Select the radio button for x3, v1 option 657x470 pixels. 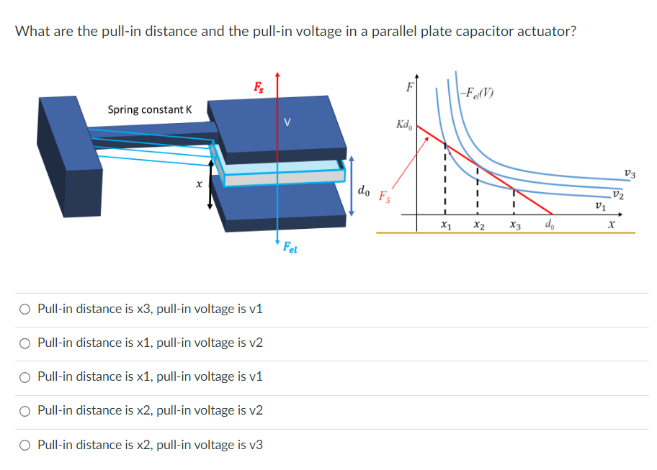coord(25,309)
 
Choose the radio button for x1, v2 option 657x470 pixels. coord(25,343)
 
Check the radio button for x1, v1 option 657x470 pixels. coord(25,376)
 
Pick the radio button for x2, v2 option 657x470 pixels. coord(25,410)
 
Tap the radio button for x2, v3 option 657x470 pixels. coord(25,445)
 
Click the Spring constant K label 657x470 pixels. coord(150,109)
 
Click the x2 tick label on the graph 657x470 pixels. coord(478,227)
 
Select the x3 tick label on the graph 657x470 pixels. coord(514,227)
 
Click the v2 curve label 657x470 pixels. coord(617,194)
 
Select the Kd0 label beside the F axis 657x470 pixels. coord(403,125)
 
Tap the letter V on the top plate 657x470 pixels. coord(287,121)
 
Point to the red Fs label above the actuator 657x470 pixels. coord(258,87)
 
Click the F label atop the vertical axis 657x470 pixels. coord(410,89)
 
